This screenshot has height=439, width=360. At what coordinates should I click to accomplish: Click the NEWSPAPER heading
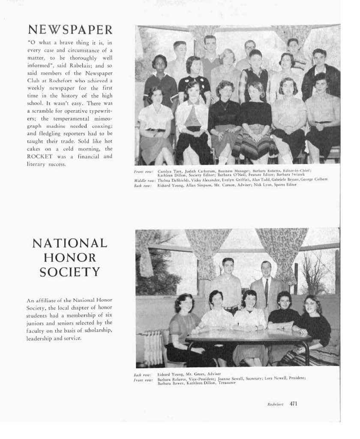point(70,30)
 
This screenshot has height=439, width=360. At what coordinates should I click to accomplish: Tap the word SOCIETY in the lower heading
point(70,272)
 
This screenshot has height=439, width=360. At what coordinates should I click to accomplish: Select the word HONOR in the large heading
point(69,258)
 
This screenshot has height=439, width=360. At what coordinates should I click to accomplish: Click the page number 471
point(293,403)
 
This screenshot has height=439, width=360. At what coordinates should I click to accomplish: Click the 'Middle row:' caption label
point(144,180)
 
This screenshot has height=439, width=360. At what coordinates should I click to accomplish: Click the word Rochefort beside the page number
point(276,404)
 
